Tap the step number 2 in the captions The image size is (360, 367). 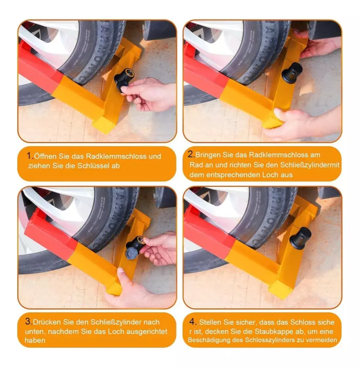coord(191,154)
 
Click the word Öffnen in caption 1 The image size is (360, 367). coord(45,156)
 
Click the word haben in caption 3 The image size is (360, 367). coord(35,340)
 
